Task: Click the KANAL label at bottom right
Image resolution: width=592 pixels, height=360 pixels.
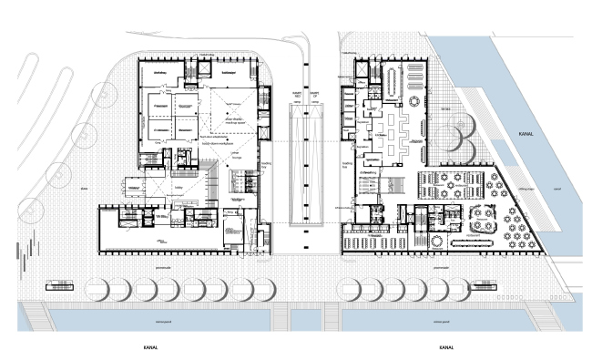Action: click(446, 348)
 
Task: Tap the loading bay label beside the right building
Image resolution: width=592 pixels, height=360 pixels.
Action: click(347, 164)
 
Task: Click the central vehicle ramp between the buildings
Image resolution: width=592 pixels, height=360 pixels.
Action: click(305, 164)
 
